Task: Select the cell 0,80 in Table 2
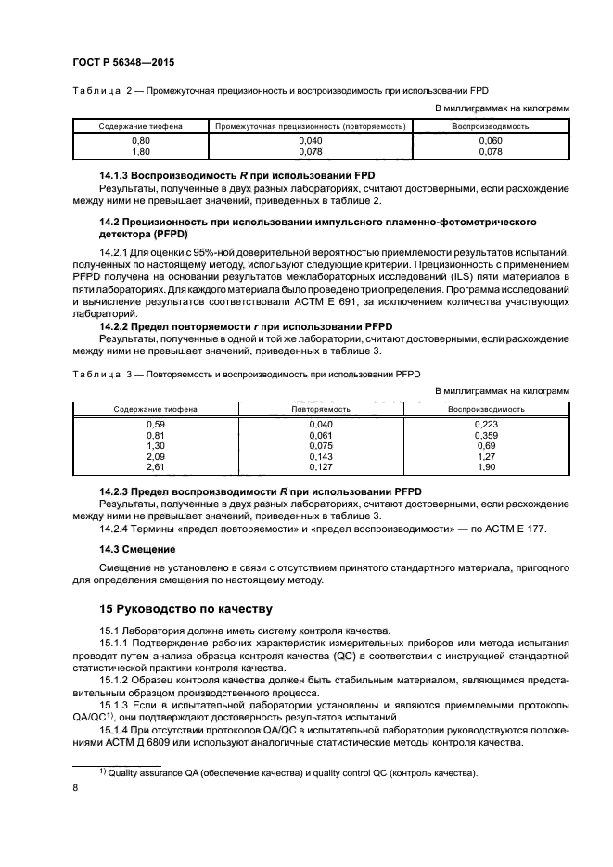click(x=142, y=139)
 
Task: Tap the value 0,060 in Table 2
click(x=490, y=139)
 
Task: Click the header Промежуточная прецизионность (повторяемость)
click(x=310, y=125)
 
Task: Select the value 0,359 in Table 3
click(x=487, y=434)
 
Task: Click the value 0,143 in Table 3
click(x=320, y=456)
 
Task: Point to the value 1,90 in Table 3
click(x=487, y=467)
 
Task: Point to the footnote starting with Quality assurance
click(x=287, y=772)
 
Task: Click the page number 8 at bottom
click(x=75, y=787)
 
